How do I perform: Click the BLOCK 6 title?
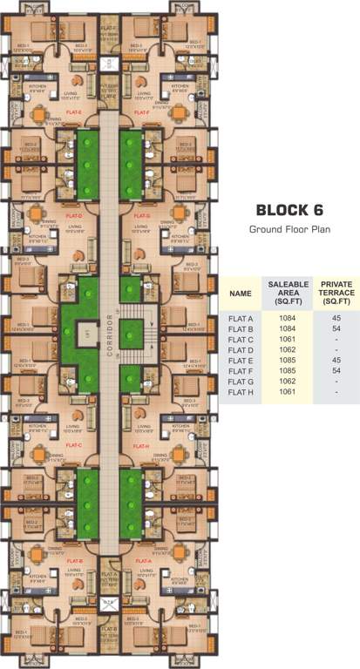click(287, 210)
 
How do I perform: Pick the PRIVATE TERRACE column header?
click(336, 294)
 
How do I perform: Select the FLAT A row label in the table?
click(240, 318)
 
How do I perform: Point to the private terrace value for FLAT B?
click(336, 328)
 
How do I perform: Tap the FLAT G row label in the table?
click(240, 381)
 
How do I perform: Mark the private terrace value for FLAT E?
click(336, 360)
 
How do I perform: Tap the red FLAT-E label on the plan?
click(74, 112)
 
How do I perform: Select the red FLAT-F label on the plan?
click(143, 112)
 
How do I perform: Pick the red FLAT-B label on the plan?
click(74, 561)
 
